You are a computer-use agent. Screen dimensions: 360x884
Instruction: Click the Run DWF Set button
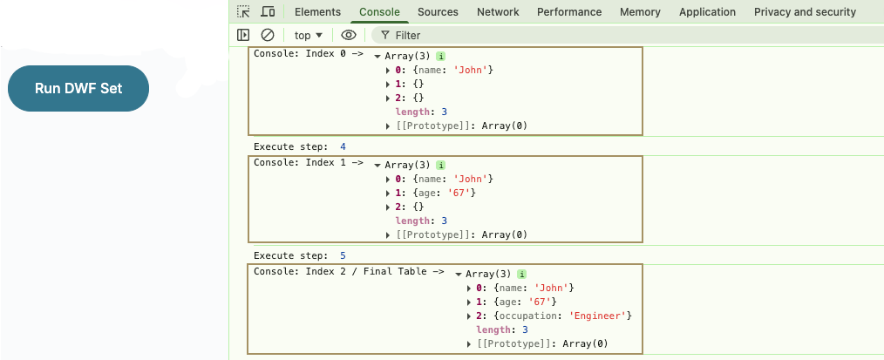(x=78, y=88)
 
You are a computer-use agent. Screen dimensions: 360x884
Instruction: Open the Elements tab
(x=317, y=12)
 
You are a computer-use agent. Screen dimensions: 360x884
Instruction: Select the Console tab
(x=379, y=12)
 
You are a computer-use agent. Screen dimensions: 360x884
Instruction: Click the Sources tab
(x=438, y=12)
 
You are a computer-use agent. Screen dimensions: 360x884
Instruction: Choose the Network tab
(x=498, y=12)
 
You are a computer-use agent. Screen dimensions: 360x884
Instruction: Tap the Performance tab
(x=569, y=12)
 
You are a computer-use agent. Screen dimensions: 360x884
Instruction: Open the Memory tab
(x=640, y=12)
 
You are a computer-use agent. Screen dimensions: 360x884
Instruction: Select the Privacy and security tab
(x=805, y=12)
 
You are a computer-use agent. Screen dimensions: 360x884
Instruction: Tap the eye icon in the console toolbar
(x=349, y=35)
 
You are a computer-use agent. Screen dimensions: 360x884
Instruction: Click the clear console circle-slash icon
(x=268, y=35)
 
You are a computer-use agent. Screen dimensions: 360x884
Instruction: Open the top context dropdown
(x=309, y=35)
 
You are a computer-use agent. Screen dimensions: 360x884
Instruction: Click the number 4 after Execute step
(x=343, y=146)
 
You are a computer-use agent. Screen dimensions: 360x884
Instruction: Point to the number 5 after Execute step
(x=343, y=255)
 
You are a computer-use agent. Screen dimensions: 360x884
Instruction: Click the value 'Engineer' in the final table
(x=600, y=316)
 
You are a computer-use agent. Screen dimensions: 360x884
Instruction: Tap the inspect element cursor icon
(x=244, y=12)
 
